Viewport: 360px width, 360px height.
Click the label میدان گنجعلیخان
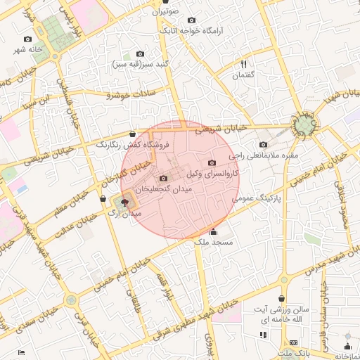point(163,190)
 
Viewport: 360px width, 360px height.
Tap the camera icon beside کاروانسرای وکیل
point(212,163)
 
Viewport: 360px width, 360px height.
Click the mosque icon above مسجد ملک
point(214,232)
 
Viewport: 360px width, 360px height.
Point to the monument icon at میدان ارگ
point(124,202)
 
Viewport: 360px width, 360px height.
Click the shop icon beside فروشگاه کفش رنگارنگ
point(133,134)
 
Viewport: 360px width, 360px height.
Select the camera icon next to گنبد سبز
point(140,54)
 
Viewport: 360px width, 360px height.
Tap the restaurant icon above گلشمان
point(243,64)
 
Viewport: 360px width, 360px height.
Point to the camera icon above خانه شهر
point(27,39)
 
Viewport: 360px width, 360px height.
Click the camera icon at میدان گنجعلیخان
point(164,179)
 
